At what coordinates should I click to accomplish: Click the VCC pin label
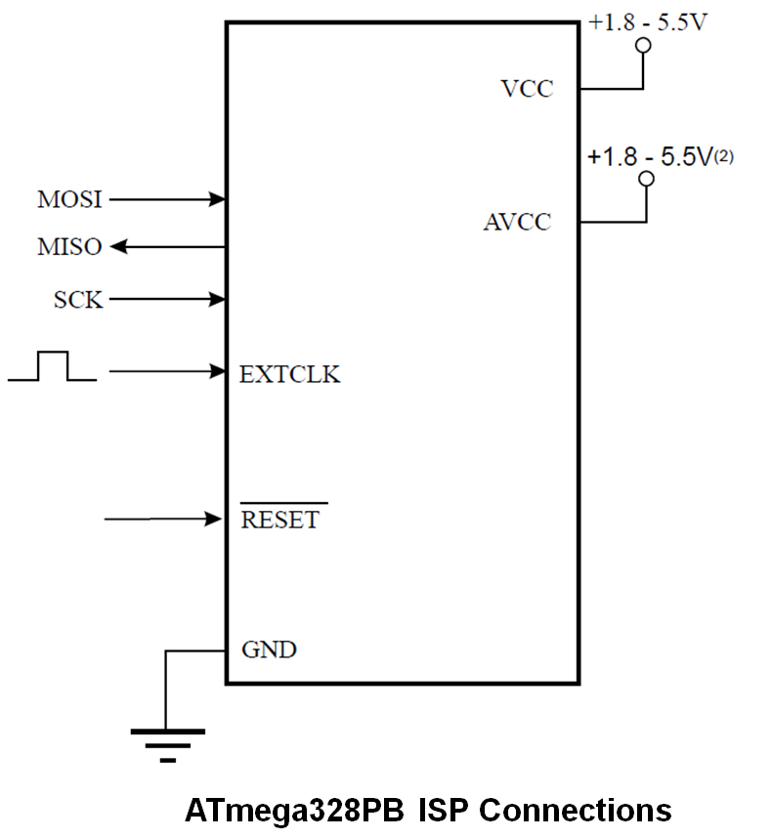pos(527,89)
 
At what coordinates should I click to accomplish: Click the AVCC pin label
pos(517,223)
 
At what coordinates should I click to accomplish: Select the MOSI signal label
pos(69,199)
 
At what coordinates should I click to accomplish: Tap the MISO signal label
pos(69,247)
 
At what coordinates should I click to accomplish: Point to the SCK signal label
pos(78,300)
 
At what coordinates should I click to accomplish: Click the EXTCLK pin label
pos(289,374)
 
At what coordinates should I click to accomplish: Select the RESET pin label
pos(280,520)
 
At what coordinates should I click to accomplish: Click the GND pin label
pos(269,649)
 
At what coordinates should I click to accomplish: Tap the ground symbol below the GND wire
pos(167,743)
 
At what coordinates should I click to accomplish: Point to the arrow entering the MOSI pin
pos(167,199)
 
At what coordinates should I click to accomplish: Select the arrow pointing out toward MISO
pos(167,247)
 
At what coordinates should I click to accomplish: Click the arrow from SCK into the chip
pos(167,299)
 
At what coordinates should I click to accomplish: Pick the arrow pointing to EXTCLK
pos(167,371)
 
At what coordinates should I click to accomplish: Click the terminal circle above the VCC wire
pos(643,47)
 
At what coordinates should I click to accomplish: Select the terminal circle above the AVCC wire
pos(645,179)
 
